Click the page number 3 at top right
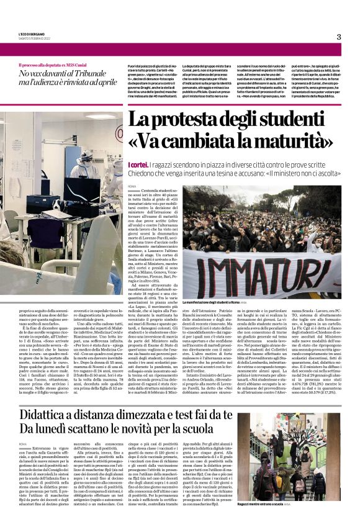point(338,37)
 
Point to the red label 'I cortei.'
point(138,164)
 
